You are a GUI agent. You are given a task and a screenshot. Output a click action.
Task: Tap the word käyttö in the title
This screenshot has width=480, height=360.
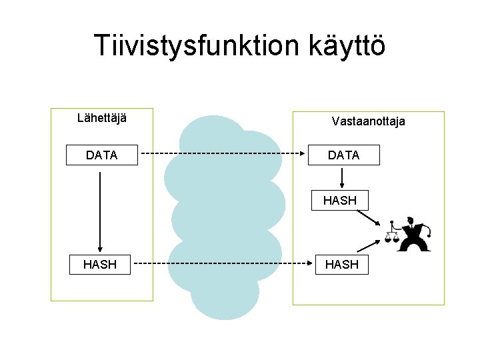tap(347, 46)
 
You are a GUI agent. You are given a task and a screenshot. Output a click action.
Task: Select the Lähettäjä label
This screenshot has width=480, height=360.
tap(102, 119)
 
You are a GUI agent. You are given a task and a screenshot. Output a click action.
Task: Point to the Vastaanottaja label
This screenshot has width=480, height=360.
tap(368, 121)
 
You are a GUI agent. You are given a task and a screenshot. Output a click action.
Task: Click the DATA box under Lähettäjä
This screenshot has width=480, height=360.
tap(101, 155)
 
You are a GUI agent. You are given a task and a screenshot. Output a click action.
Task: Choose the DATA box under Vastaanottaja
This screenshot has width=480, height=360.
tap(343, 155)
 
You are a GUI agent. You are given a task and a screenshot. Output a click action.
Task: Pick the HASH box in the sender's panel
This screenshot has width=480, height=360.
tap(99, 265)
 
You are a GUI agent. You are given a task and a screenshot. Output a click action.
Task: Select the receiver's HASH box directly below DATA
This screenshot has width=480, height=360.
tap(340, 200)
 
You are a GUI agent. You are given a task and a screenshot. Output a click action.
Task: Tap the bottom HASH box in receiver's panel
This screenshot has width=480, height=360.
tap(341, 265)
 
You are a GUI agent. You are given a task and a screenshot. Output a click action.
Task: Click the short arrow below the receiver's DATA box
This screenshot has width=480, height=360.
tap(342, 177)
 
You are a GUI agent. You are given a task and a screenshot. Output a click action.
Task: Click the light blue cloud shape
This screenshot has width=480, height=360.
tap(223, 213)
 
